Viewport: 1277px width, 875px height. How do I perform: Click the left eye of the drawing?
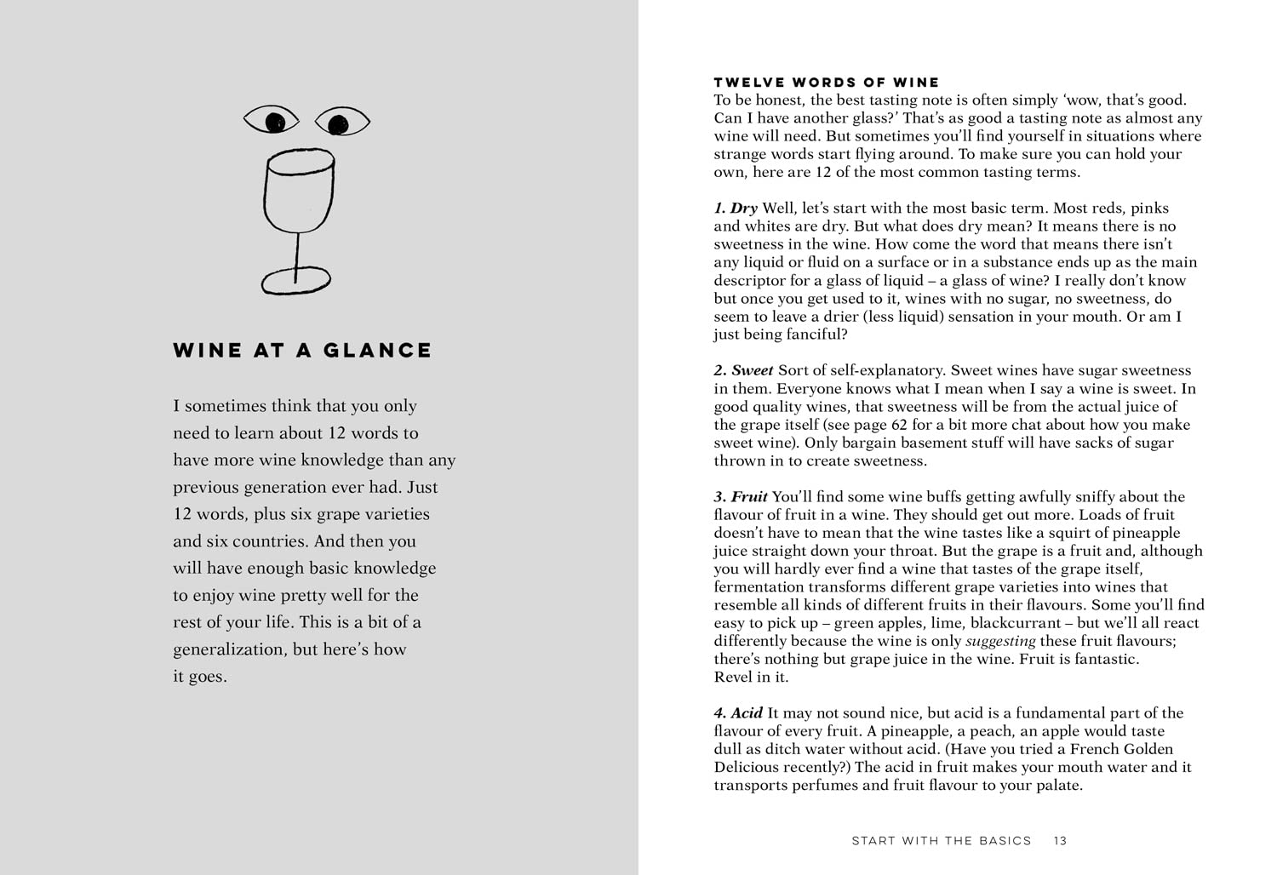point(272,121)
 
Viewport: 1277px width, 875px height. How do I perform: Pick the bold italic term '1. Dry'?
point(736,209)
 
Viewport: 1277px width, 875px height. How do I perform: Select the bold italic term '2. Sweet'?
point(743,371)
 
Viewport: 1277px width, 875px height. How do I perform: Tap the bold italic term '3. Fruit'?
point(741,497)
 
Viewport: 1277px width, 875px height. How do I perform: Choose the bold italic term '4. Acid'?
point(738,713)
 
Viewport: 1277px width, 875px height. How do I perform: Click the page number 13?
point(1060,841)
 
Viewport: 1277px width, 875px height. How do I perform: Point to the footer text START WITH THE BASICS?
point(941,841)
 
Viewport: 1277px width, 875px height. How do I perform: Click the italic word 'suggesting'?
point(1000,641)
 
